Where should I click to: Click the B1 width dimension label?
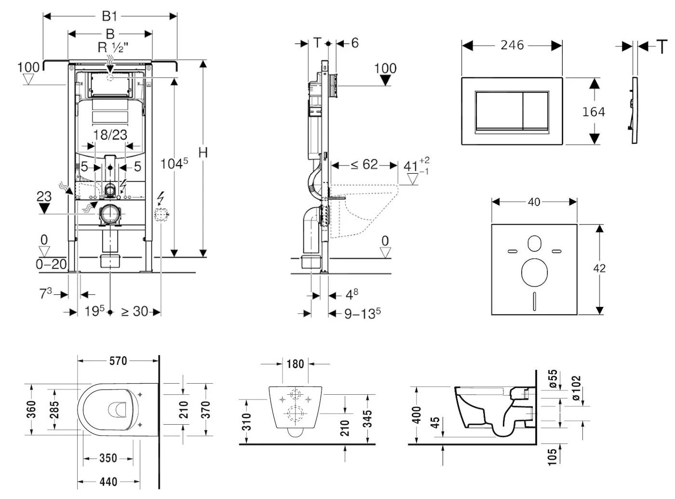[110, 16]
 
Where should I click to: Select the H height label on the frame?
[203, 152]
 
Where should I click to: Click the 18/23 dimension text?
[110, 135]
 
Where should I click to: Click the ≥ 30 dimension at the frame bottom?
[134, 312]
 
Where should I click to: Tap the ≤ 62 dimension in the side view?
[364, 165]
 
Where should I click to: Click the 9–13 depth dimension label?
[362, 314]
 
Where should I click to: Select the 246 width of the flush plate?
[512, 45]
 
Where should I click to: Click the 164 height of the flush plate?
[594, 112]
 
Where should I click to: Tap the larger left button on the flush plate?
[499, 111]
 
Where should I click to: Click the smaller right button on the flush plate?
[536, 111]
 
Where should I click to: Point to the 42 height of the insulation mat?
[599, 268]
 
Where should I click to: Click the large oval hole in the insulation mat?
[535, 272]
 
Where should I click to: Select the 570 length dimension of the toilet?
[118, 360]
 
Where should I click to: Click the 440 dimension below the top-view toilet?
[108, 482]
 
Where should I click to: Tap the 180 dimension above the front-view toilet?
[296, 364]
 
